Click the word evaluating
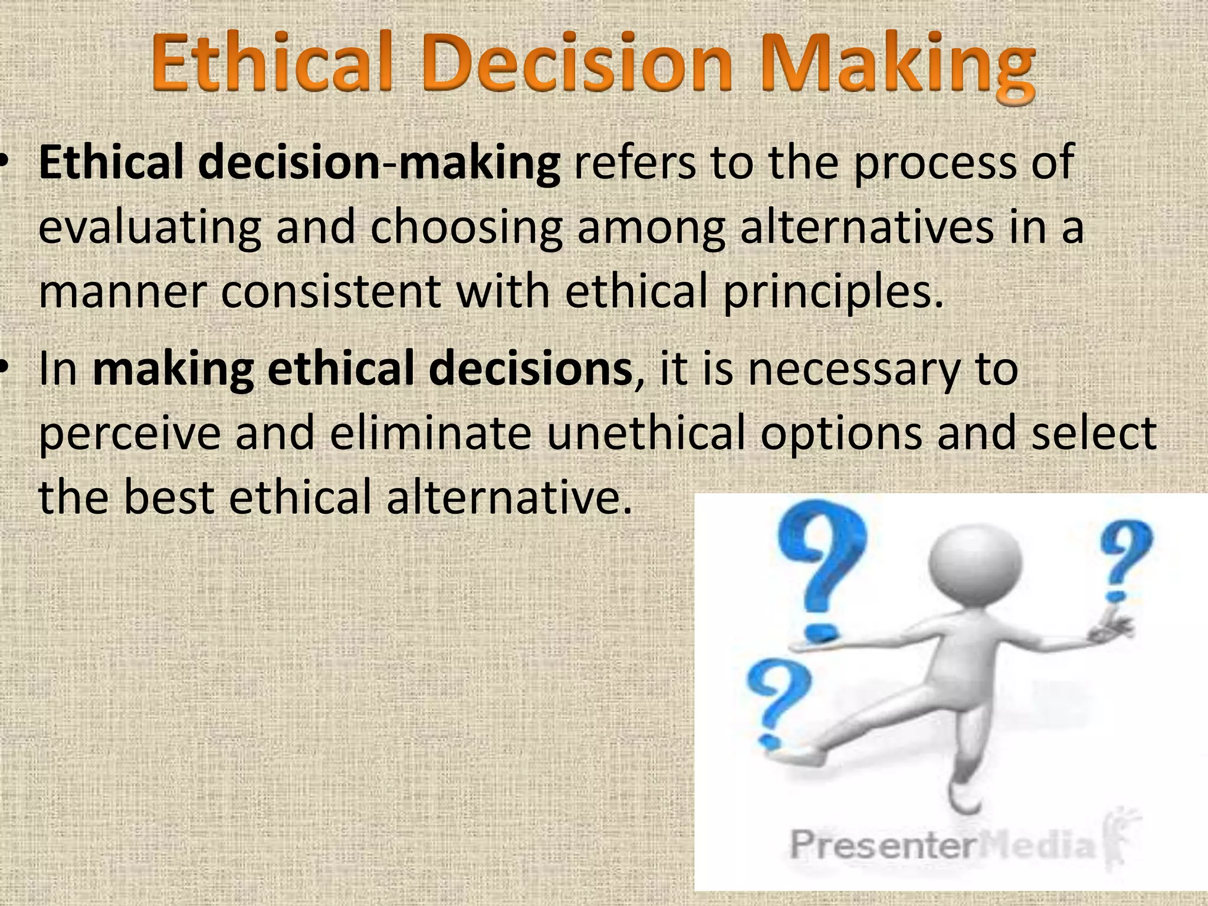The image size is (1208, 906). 150,229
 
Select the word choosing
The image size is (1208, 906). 466,229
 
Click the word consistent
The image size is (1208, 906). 330,291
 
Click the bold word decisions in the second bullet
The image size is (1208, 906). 530,369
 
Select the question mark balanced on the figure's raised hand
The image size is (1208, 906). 1124,560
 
